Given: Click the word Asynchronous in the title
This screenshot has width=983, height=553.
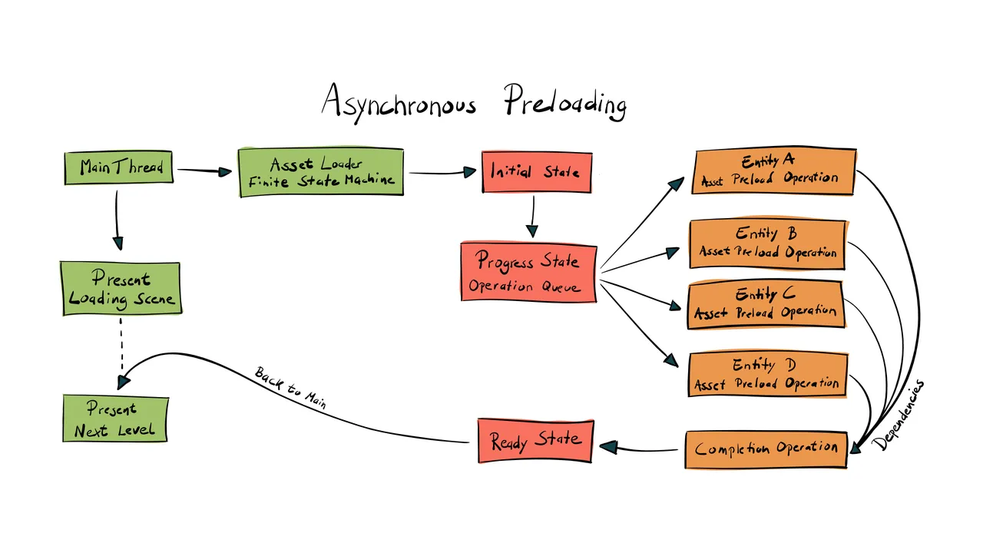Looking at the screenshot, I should click(399, 101).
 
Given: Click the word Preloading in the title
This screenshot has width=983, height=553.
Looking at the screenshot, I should click(565, 101).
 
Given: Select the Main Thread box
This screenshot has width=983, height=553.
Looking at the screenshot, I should click(118, 167).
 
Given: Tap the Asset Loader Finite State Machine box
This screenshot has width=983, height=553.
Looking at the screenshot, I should click(321, 172).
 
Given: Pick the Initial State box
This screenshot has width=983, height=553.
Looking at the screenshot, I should click(536, 172).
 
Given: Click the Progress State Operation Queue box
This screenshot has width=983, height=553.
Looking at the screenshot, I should click(528, 272).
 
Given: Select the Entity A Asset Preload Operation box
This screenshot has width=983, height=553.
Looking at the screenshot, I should click(773, 171).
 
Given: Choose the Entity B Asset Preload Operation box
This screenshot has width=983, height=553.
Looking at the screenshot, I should click(767, 243).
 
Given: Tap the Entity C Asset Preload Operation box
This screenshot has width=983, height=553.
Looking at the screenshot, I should click(766, 304).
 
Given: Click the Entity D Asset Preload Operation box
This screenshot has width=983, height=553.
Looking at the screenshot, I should click(766, 375).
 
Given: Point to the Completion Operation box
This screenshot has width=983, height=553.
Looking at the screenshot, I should click(766, 449).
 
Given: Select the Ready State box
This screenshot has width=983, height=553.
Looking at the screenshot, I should click(535, 441).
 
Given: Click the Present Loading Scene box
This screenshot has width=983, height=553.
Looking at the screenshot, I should click(120, 288).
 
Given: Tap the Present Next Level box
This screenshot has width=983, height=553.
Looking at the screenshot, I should click(114, 419).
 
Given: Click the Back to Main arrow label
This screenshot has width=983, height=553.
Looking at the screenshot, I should click(291, 388).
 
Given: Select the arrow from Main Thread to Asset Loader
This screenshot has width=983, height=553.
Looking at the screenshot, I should click(204, 171).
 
